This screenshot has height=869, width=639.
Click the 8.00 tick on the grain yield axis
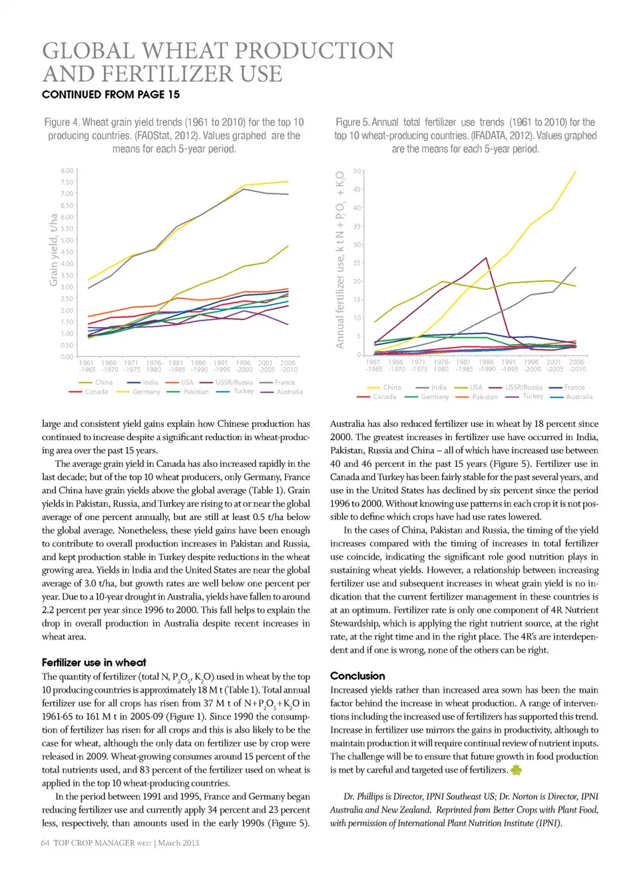pos(67,171)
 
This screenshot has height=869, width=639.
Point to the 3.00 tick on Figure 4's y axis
pos(67,287)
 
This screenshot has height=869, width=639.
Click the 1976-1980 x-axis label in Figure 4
pos(154,366)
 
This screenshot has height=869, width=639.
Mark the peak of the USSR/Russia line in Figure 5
pos(487,258)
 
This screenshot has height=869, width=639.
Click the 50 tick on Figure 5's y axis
pos(357,172)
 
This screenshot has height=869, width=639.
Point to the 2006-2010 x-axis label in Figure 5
pos(576,366)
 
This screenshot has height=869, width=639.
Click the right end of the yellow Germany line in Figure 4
pos(288,182)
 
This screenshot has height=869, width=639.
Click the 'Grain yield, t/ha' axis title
pos(53,250)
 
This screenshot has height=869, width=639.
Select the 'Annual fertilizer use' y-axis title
pos(340,259)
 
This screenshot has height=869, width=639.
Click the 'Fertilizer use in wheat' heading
pos(94,663)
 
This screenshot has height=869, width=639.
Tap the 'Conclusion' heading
pos(357,676)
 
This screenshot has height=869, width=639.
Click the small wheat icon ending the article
pos(516,770)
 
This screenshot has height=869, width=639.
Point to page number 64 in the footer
pos(45,843)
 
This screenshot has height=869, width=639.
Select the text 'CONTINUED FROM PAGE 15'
pos(110,94)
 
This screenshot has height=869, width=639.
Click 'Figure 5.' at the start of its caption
pos(351,122)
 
